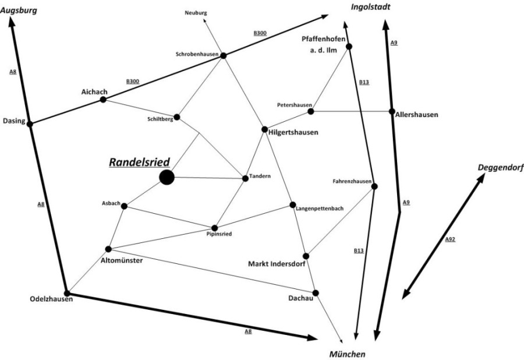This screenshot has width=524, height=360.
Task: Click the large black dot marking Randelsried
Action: click(x=167, y=177)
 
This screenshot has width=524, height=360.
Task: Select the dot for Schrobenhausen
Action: click(x=222, y=55)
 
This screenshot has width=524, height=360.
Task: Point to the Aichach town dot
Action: click(x=103, y=100)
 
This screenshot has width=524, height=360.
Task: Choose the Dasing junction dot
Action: click(x=30, y=123)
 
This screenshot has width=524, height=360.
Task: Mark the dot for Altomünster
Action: click(x=108, y=249)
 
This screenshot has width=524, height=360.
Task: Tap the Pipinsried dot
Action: click(x=214, y=228)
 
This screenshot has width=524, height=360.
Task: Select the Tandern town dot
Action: click(x=246, y=178)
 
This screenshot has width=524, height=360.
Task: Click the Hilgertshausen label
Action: click(x=293, y=133)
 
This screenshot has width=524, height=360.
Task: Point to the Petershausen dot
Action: click(x=311, y=111)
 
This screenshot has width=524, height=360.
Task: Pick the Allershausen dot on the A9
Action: click(x=392, y=111)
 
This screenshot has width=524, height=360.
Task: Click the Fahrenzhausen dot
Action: click(x=374, y=186)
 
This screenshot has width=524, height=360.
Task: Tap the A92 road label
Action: click(x=449, y=239)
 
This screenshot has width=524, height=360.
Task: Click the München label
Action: click(x=346, y=354)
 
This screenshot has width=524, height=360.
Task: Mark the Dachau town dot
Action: click(x=316, y=292)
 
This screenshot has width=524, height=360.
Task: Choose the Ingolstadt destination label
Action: click(x=370, y=7)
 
